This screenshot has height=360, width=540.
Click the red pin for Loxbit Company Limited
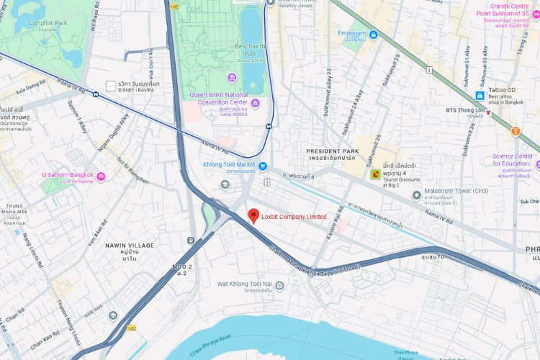pos(253,215)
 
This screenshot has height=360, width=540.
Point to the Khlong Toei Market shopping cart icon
pos(263,166)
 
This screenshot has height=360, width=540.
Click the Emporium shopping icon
pos(374,35)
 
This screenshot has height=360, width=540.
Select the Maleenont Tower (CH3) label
pos(456,191)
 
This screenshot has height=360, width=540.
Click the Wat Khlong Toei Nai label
pos(245,284)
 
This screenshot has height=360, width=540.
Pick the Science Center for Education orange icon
pos(516,131)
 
